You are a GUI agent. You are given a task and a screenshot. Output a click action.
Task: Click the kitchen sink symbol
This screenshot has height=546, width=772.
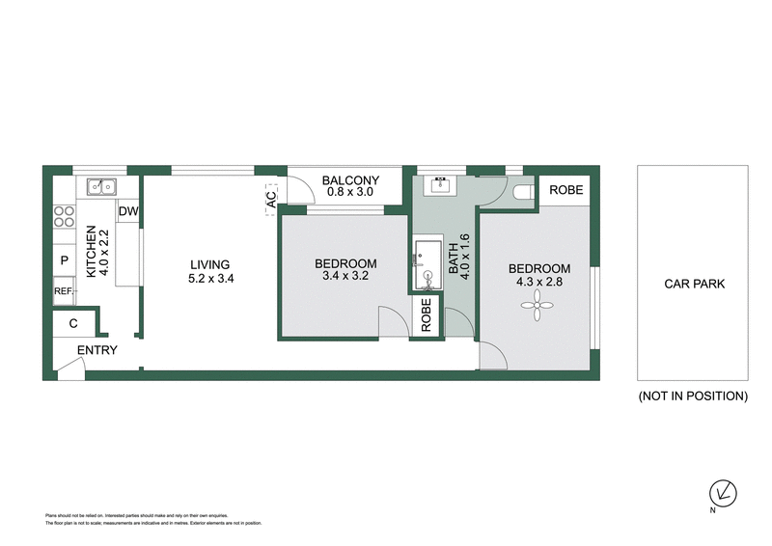tap(100, 186)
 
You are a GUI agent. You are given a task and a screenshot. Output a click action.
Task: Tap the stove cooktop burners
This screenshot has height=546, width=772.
tap(65, 217)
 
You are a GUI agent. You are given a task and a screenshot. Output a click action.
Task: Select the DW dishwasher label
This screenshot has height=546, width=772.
tap(128, 211)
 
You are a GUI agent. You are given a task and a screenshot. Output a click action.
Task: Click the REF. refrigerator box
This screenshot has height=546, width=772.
tap(65, 291)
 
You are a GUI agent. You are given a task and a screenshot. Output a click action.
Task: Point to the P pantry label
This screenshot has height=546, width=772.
tap(65, 260)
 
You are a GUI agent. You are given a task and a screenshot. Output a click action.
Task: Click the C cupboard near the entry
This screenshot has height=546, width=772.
tap(73, 324)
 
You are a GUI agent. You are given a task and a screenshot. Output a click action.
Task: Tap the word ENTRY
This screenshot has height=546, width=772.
tap(96, 350)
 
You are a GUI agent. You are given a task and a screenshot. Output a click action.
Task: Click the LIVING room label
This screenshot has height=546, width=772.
tap(209, 264)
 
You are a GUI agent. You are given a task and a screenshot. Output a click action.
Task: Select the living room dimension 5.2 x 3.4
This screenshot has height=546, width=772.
tap(209, 279)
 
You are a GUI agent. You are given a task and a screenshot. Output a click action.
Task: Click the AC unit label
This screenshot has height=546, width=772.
tap(271, 199)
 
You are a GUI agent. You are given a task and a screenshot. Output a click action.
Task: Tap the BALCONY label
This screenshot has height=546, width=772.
tap(350, 180)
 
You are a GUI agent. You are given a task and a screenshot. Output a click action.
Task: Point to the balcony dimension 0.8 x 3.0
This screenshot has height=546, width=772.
tap(350, 193)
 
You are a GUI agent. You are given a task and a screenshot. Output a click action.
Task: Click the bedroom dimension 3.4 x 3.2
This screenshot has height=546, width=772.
tap(345, 278)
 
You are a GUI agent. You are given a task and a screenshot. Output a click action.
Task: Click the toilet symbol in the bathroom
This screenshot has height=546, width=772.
tap(524, 192)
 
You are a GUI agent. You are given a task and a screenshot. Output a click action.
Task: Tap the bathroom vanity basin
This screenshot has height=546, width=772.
tap(444, 183)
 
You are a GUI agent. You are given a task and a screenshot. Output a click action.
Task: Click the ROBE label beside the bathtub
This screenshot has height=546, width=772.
tap(425, 315)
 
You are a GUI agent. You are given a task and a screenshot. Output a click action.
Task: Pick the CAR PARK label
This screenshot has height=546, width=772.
tap(694, 284)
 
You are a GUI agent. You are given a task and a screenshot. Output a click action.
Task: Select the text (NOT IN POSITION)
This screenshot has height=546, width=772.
tap(693, 396)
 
